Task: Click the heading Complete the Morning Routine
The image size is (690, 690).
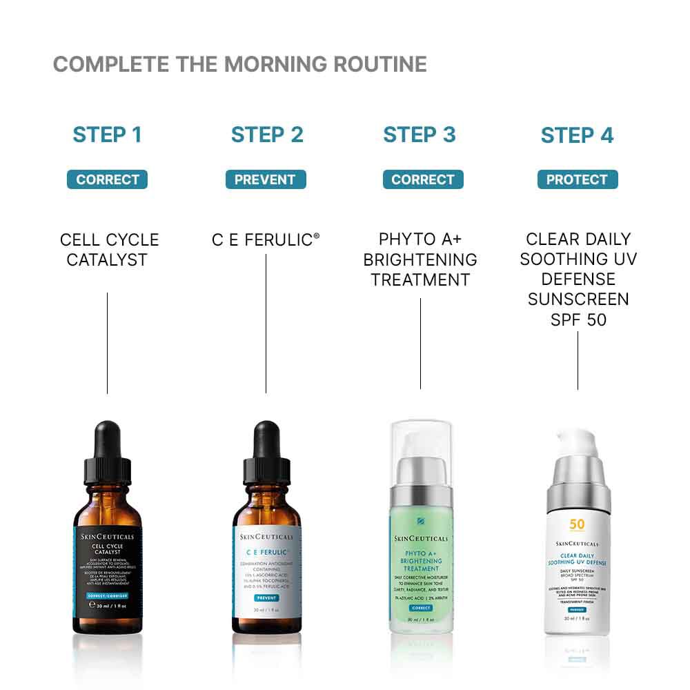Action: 239,64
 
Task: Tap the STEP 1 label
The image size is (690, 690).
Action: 107,135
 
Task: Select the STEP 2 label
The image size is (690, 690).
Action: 267,135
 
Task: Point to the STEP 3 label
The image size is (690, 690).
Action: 420,135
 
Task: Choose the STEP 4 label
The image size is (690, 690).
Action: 577,135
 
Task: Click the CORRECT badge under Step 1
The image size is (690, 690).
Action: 107,179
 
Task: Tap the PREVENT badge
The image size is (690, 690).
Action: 265,179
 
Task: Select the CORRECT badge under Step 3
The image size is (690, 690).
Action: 423,179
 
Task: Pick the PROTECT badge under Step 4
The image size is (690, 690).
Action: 577,179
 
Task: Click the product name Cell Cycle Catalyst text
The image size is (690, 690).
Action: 109,250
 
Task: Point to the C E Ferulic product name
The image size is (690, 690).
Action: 265,240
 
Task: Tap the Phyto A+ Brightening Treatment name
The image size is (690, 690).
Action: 420,259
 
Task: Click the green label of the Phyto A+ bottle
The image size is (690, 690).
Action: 420,566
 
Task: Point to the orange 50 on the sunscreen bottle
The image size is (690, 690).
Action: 577,524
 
